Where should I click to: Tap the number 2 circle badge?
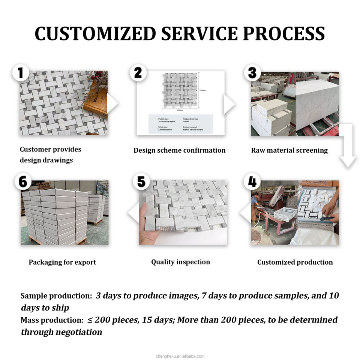point(138,73)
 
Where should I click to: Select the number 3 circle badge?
point(252,73)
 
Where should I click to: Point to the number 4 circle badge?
point(252,183)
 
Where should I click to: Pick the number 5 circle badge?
point(141,183)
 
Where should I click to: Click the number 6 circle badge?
point(23,183)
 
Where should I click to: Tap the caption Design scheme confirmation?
point(180,150)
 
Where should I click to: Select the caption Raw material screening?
point(289,150)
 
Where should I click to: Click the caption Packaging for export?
point(62,262)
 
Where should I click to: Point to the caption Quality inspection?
point(180,262)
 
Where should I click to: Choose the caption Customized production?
point(295,262)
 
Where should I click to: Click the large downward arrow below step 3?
point(348,146)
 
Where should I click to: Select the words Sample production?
point(56,296)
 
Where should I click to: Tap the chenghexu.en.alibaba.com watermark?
point(180,356)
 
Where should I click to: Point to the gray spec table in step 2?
point(180,124)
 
